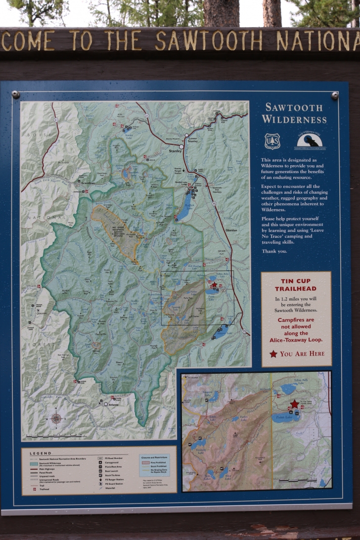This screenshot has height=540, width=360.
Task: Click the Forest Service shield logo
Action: (x=272, y=141)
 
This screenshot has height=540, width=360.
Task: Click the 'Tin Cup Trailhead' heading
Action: (x=296, y=285)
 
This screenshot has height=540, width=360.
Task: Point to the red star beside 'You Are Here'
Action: (x=273, y=354)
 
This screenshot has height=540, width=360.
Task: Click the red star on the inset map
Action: (x=295, y=404)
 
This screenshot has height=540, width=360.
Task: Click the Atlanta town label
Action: (x=114, y=405)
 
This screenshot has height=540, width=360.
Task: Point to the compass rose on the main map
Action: (x=56, y=418)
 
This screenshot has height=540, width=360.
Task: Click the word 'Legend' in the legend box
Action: (x=40, y=453)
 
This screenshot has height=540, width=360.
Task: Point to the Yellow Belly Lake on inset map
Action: (x=289, y=389)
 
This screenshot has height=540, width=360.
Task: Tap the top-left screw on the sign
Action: (x=16, y=94)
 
